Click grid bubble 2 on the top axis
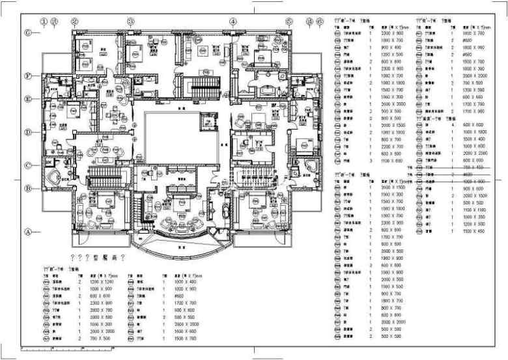[x=75, y=21]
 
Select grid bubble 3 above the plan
[x=130, y=21]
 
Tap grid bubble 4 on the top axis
[x=233, y=21]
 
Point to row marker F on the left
[x=28, y=76]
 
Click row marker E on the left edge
[x=28, y=99]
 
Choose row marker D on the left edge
[x=28, y=132]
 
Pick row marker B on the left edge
[x=28, y=188]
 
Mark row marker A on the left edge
[x=28, y=231]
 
